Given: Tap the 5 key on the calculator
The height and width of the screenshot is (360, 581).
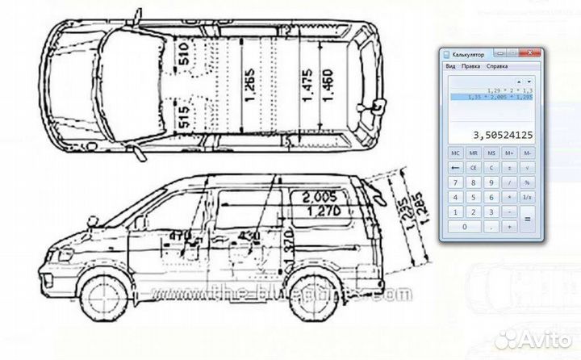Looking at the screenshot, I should coord(474,197).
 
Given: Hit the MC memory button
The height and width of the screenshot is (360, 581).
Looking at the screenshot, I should coord(456,152).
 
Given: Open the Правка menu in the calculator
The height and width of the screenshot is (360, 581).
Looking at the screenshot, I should coord(470,65).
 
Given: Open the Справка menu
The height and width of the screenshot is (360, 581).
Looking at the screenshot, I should coord(497,65).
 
